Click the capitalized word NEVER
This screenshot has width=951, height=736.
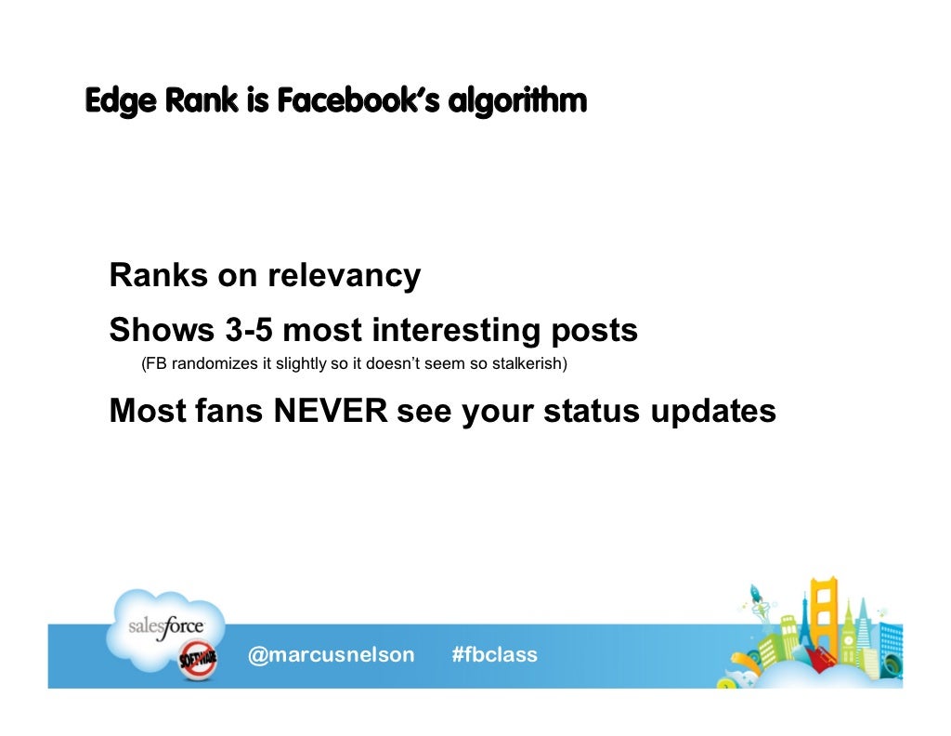(330, 411)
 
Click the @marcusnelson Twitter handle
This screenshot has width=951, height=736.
(331, 655)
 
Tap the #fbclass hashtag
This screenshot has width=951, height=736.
(494, 655)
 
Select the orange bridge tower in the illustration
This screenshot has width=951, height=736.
(824, 614)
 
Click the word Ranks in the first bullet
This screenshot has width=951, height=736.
(158, 276)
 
